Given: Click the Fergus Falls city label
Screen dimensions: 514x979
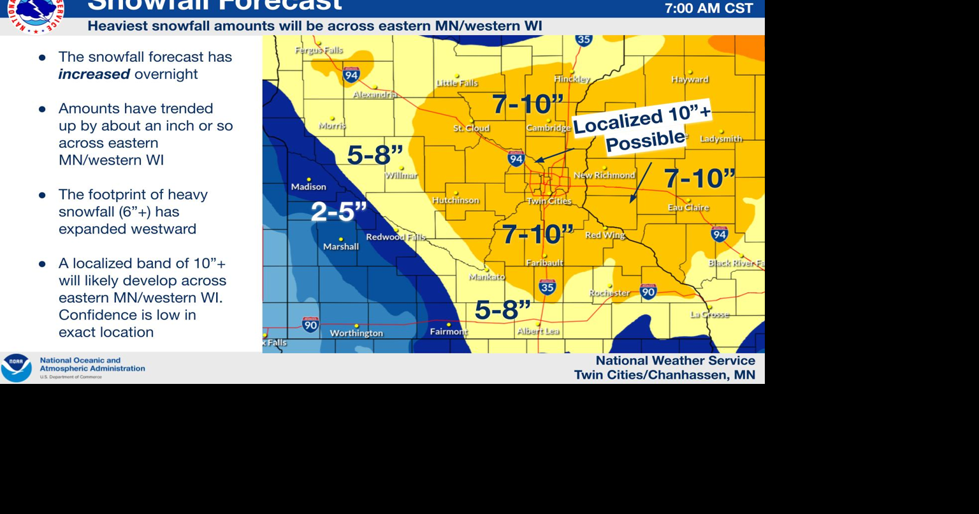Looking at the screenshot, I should [319, 50].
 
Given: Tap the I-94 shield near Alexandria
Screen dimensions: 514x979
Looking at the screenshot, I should [351, 75].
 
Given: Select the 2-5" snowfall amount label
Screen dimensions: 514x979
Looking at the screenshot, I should [338, 212].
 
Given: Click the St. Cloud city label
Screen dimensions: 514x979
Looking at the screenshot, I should [471, 128].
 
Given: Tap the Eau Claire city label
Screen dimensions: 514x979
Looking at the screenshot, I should [688, 207].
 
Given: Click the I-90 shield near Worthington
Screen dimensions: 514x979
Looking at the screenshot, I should [310, 324].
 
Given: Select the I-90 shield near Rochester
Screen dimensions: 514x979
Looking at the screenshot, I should [648, 291].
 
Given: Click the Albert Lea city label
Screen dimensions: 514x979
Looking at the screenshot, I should [538, 331].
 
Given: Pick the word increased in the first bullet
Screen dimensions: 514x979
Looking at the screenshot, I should [94, 74].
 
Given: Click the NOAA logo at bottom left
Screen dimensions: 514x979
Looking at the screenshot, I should [16, 368].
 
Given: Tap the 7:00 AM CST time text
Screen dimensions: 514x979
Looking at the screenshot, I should [709, 9].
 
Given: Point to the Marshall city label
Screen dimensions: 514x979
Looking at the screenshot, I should [340, 246].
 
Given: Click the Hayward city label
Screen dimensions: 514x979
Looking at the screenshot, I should [690, 80].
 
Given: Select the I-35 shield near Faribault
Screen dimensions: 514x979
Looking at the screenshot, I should [547, 287].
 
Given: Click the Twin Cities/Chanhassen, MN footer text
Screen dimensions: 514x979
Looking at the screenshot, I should [664, 375].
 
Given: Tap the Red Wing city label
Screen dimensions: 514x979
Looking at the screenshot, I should [605, 235].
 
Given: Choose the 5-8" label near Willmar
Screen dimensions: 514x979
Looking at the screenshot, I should [375, 155].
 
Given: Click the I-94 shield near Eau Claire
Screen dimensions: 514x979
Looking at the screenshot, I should [720, 233].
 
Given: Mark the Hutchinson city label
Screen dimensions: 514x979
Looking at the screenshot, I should [455, 200].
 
